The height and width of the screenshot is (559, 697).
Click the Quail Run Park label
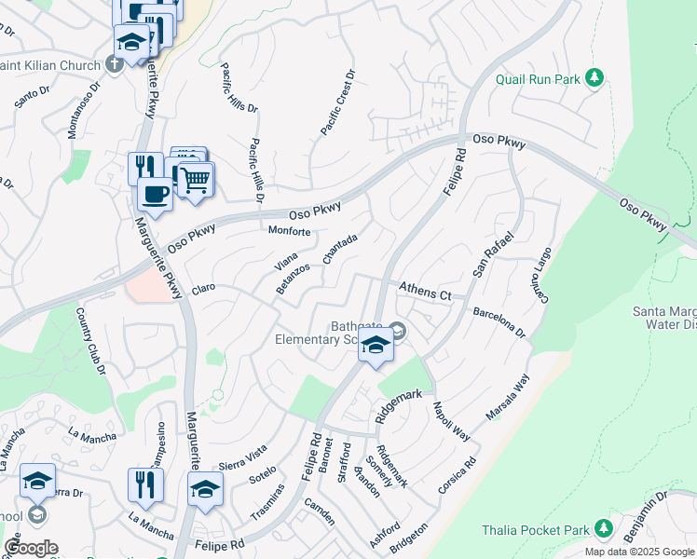pyautogui.click(x=539, y=79)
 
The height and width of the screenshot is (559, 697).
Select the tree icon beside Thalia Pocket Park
pyautogui.click(x=604, y=529)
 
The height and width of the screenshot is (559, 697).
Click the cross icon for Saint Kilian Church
pyautogui.click(x=115, y=63)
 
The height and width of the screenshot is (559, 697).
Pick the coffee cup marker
pyautogui.click(x=155, y=194)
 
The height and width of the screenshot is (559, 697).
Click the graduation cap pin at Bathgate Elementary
pyautogui.click(x=376, y=346)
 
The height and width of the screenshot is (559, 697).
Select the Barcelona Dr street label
pyautogui.click(x=499, y=322)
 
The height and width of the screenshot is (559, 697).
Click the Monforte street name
pyautogui.click(x=289, y=231)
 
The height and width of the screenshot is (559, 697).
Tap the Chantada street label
pyautogui.click(x=340, y=249)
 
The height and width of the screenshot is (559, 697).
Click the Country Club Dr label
pyautogui.click(x=90, y=342)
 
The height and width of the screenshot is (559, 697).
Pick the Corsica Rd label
pyautogui.click(x=457, y=475)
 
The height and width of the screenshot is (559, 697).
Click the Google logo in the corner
pyautogui.click(x=31, y=548)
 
